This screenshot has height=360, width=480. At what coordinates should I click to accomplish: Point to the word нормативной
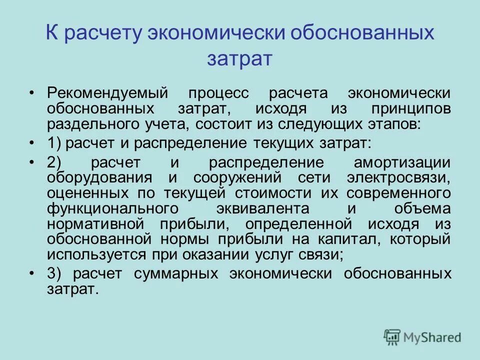(91, 223)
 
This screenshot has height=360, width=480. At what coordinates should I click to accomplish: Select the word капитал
(343, 238)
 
